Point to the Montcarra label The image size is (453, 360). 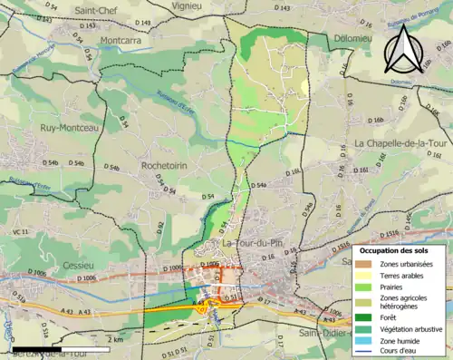click(x=126, y=41)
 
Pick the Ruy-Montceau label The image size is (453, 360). click(x=57, y=128)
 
